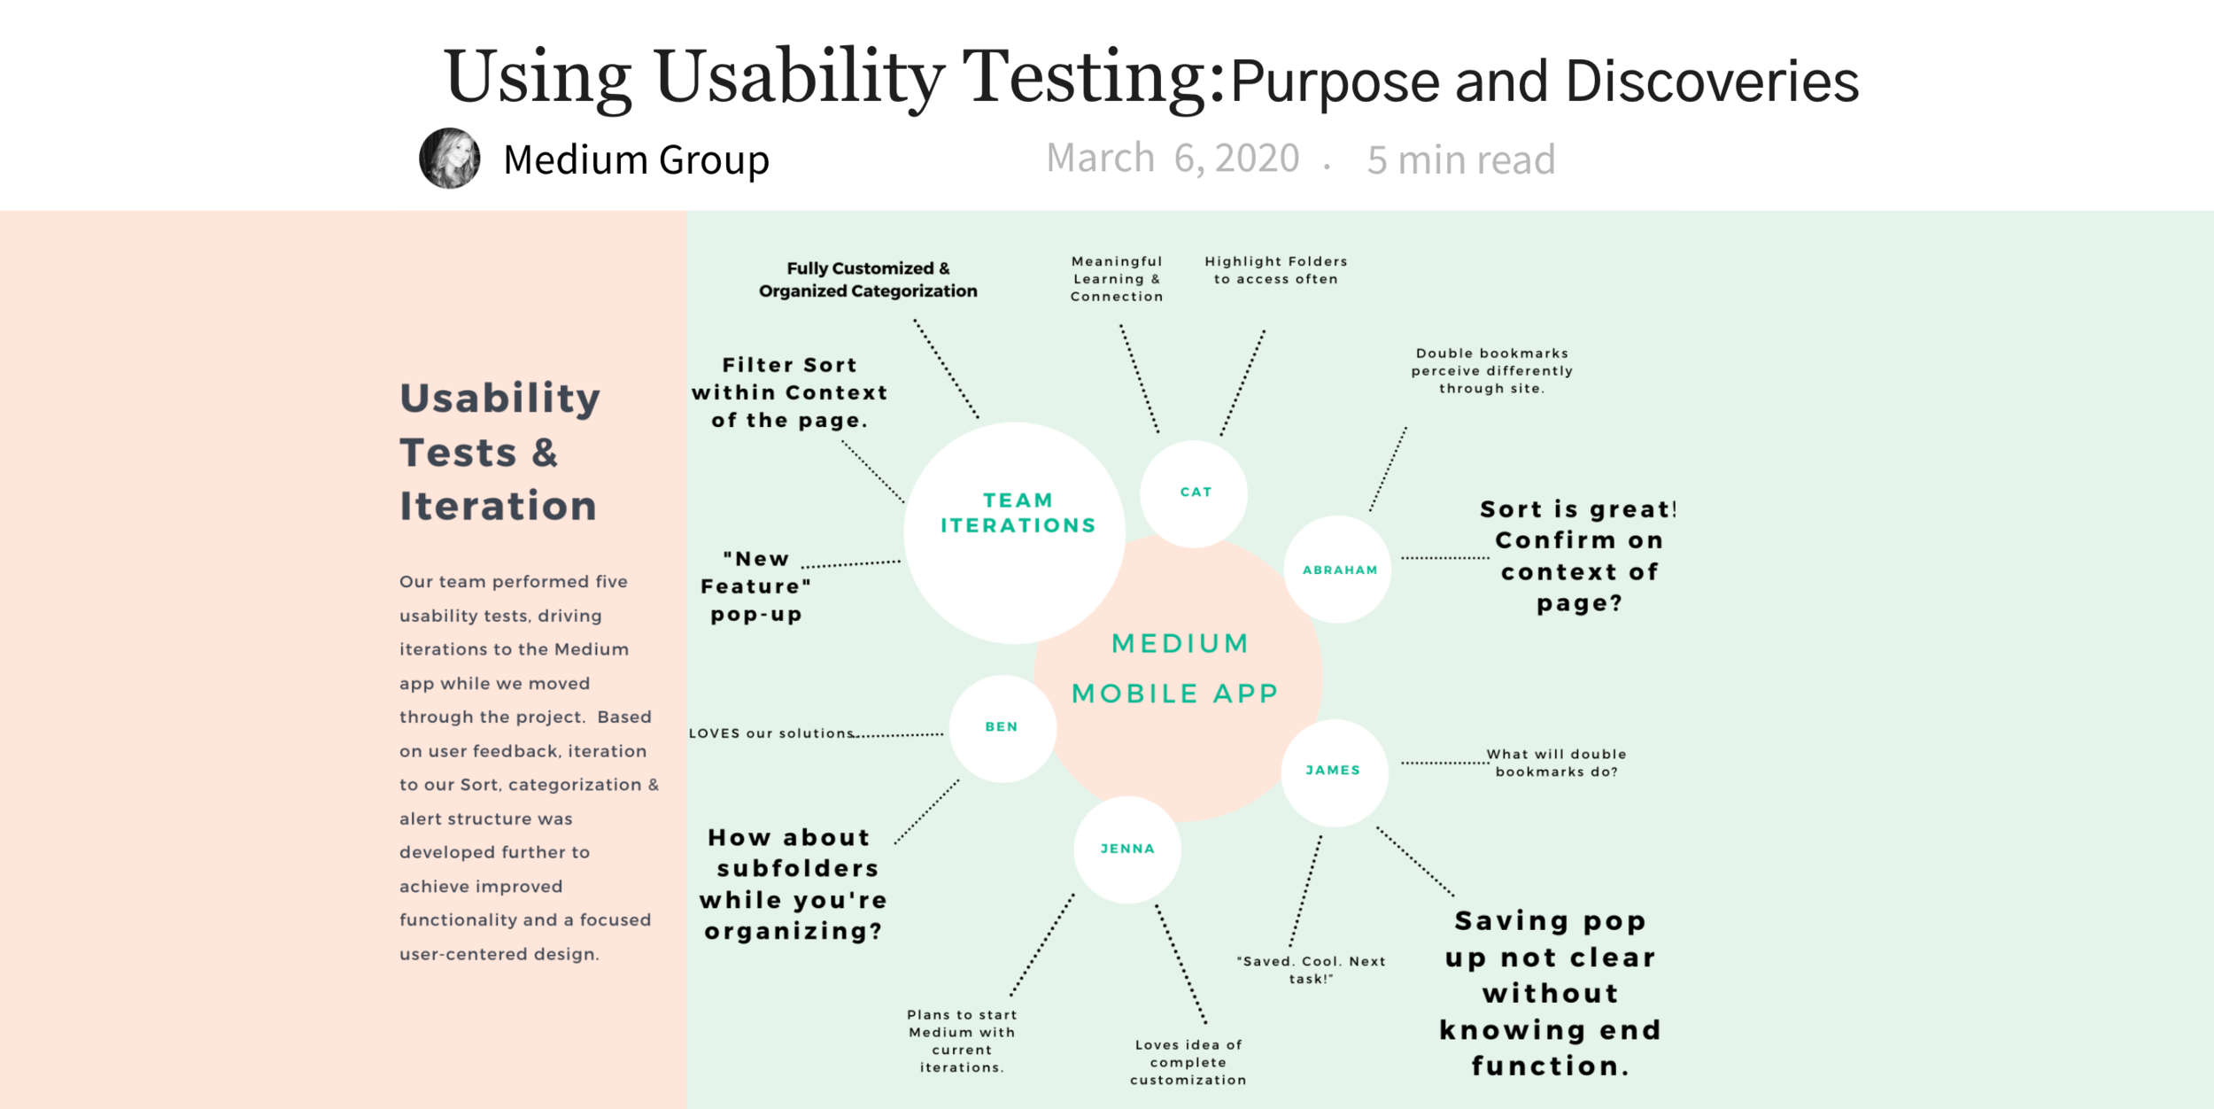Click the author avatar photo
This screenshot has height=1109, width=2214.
[x=450, y=159]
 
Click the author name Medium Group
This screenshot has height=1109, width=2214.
[x=636, y=160]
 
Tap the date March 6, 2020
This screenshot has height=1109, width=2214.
[x=1173, y=159]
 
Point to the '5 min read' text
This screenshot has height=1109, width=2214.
[x=1460, y=160]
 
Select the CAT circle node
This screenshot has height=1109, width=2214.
[x=1194, y=492]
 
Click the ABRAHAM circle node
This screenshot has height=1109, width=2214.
[x=1338, y=570]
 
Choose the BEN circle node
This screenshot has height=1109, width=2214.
[x=1002, y=727]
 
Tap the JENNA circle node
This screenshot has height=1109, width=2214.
[x=1127, y=849]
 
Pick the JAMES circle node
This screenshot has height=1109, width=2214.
[x=1334, y=771]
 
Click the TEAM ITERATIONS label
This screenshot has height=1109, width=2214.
[x=1018, y=513]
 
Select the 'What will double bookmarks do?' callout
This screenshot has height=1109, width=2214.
[x=1556, y=763]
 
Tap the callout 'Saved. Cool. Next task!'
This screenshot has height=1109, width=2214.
[x=1311, y=970]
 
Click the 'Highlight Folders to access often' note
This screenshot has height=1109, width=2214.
[x=1275, y=270]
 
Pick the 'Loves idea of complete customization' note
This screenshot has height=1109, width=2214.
[x=1188, y=1062]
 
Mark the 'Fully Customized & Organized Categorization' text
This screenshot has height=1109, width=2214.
[x=868, y=279]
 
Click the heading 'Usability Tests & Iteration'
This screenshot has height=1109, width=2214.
[x=499, y=452]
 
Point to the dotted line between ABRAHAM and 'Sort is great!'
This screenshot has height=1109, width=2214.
[x=1444, y=558]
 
